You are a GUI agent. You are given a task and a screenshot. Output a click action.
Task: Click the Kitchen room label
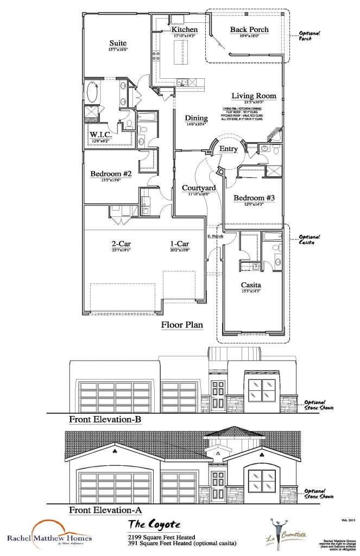pos(185,29)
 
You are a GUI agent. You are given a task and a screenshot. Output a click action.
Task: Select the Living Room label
pos(254,96)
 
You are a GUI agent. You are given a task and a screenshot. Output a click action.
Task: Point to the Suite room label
pos(118,43)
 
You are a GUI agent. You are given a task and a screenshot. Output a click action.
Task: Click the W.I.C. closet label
pos(100,135)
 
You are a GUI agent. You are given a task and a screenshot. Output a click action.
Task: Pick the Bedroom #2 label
pos(111,174)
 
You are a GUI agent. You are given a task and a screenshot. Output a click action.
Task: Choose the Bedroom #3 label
pos(254,198)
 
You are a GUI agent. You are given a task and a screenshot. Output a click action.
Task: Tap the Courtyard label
pos(198,188)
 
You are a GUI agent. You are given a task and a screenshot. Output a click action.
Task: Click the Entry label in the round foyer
pos(228,148)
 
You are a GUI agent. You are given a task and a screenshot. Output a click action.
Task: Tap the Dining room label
pos(196,118)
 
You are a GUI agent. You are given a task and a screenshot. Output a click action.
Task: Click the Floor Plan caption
pos(182,325)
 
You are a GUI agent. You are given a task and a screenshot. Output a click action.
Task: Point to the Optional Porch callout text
pos(310,36)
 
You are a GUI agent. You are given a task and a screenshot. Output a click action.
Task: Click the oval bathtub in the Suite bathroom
pos(93,92)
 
